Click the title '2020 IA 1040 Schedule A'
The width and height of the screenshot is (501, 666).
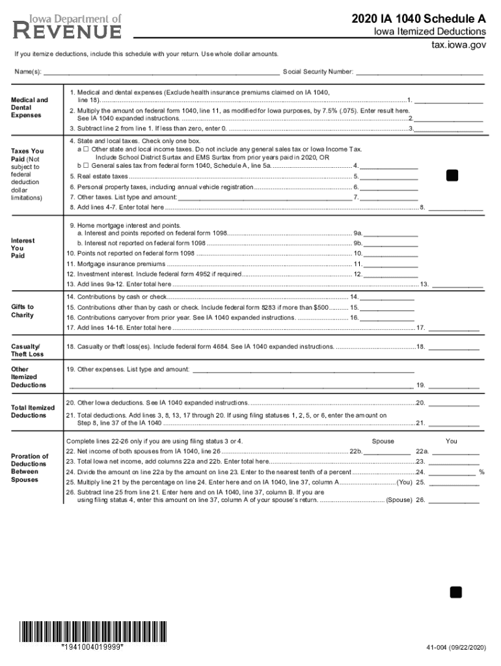click(418, 19)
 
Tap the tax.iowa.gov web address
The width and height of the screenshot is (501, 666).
click(459, 46)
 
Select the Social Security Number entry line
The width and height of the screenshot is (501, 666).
click(419, 72)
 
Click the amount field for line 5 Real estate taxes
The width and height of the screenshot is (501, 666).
click(389, 176)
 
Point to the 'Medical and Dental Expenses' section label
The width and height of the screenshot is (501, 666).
click(29, 107)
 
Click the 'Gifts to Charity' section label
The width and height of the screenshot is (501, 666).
click(23, 311)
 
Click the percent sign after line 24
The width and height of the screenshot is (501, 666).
click(481, 472)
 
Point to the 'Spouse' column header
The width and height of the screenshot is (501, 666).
click(383, 441)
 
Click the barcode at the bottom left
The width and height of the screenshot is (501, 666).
click(92, 631)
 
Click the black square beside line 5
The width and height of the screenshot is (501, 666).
click(452, 176)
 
